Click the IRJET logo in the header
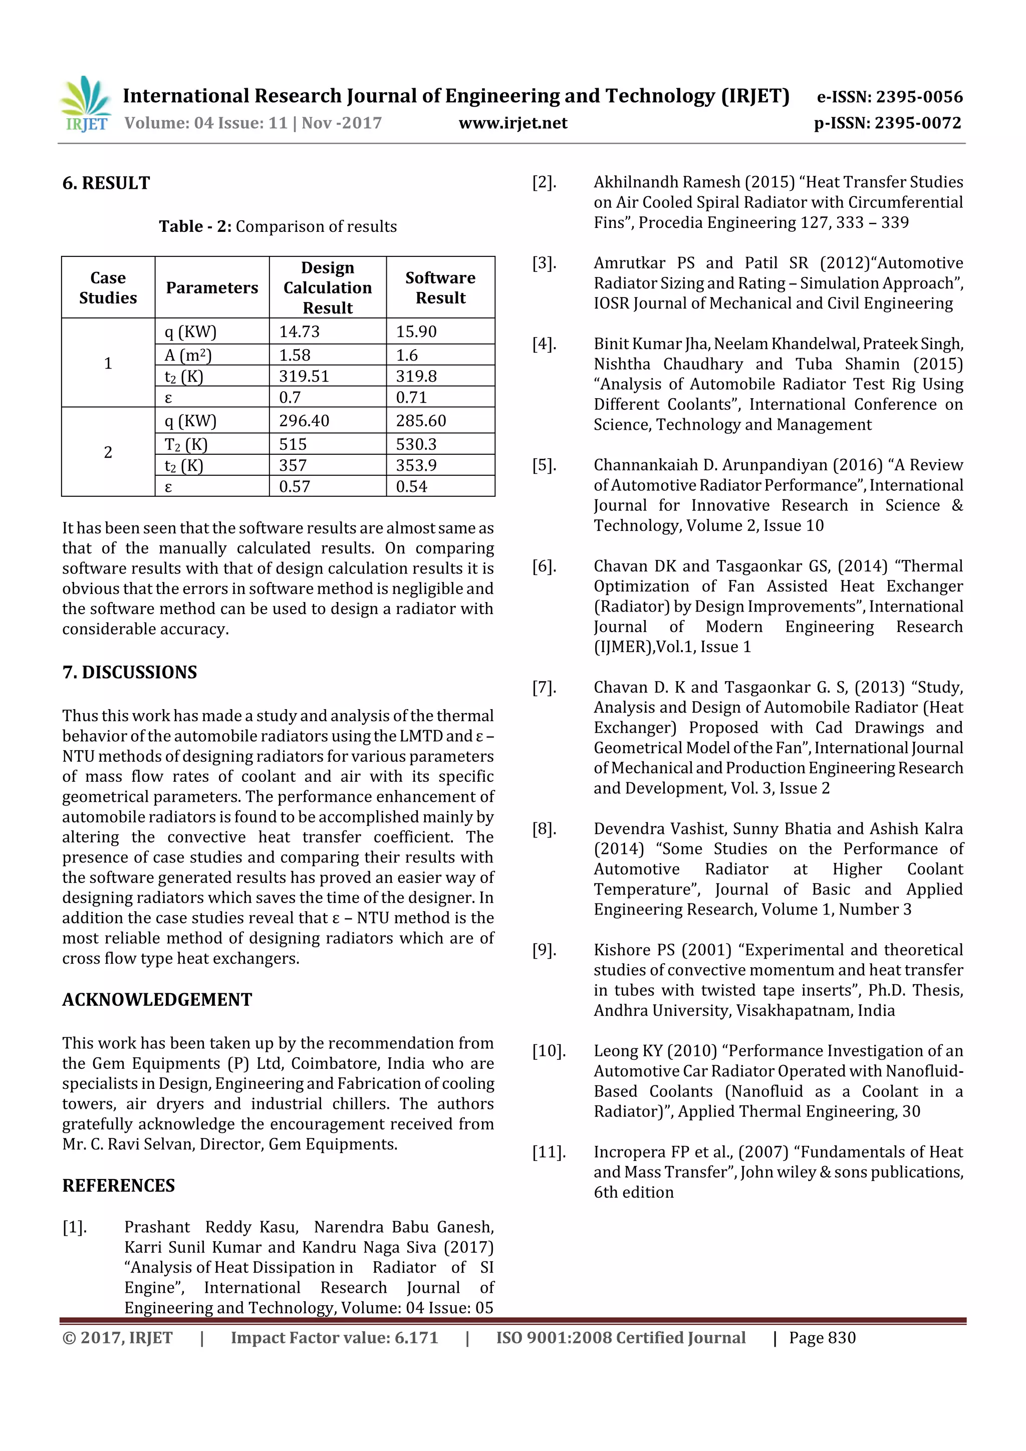[85, 104]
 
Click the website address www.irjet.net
[512, 123]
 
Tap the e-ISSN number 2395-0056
[918, 97]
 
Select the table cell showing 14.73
[300, 332]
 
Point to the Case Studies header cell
[108, 287]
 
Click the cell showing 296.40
[304, 421]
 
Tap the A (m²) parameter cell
[188, 355]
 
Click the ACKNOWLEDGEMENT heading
[157, 1000]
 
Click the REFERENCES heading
[118, 1186]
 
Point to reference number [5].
[544, 465]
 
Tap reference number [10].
[548, 1051]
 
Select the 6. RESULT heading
[106, 183]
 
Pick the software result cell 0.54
[411, 487]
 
